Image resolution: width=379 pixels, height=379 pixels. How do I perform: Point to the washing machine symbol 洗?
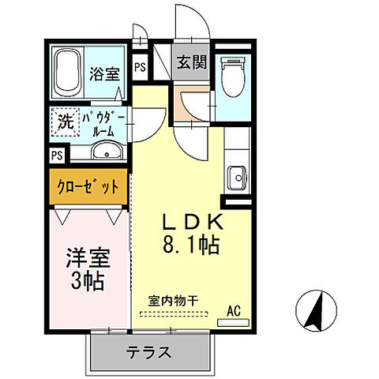click(66, 122)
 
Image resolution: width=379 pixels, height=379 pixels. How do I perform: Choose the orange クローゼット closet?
click(88, 187)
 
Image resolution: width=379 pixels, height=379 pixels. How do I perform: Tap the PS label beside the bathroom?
click(139, 67)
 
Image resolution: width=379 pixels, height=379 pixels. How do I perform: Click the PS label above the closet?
click(57, 155)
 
